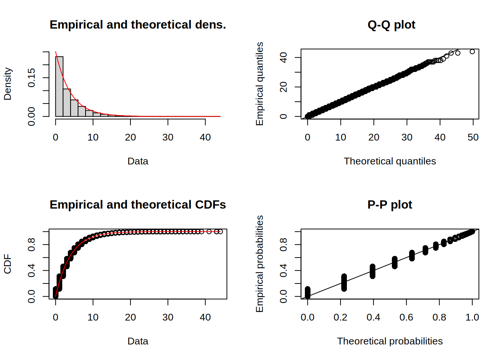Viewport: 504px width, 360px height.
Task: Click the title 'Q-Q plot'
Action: point(391,25)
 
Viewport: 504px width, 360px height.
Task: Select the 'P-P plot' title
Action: point(390,205)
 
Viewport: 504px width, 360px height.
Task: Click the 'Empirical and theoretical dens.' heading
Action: point(138,25)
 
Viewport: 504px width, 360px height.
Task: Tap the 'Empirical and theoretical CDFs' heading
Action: point(138,205)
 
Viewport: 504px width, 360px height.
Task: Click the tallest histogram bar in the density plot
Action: point(59,86)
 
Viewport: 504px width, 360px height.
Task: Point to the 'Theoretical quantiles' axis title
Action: point(390,161)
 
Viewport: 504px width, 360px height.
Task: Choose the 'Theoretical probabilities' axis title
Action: point(390,341)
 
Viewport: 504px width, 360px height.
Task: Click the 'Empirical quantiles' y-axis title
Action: point(259,84)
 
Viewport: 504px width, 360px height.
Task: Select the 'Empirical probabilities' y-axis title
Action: point(259,264)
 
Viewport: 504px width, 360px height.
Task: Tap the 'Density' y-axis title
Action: point(7,84)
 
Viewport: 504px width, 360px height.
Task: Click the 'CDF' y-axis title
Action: point(7,264)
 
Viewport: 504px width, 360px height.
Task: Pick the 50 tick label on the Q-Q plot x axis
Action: point(473,137)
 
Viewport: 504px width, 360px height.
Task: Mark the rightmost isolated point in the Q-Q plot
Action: point(472,52)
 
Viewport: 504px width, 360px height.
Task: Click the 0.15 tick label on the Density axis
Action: point(31,78)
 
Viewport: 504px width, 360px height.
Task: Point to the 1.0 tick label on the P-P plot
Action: point(472,317)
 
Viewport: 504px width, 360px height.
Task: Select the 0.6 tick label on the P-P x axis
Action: point(406,317)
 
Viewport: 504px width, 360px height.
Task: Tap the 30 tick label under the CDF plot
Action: point(168,317)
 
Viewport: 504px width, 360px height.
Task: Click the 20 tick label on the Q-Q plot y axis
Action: point(283,87)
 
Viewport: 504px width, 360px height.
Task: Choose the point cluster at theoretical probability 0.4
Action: point(372,271)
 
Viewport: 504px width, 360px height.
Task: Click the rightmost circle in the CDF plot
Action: point(220,232)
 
